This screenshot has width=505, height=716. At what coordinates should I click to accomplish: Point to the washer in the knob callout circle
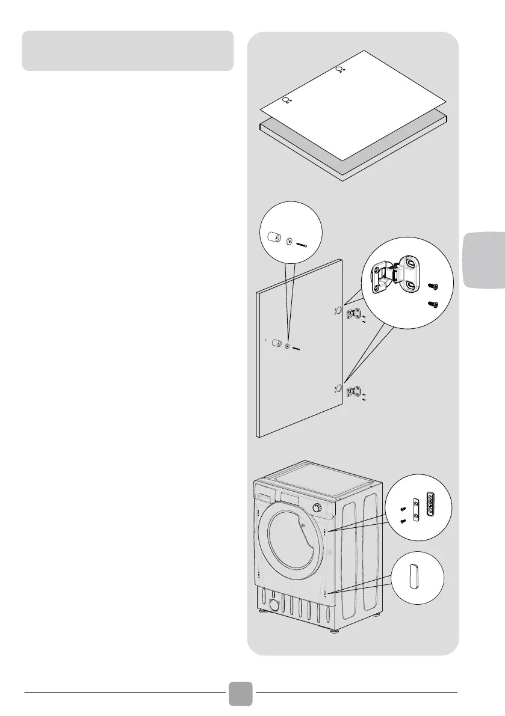(x=290, y=242)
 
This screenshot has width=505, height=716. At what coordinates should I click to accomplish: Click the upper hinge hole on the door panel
(x=338, y=311)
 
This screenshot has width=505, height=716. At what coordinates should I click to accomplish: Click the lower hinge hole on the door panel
(x=338, y=389)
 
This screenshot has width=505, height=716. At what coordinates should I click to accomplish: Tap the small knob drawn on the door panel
(x=276, y=343)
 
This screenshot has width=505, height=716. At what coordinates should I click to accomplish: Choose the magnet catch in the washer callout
(x=430, y=502)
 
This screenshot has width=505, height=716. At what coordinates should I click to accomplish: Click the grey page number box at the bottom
(x=240, y=693)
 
